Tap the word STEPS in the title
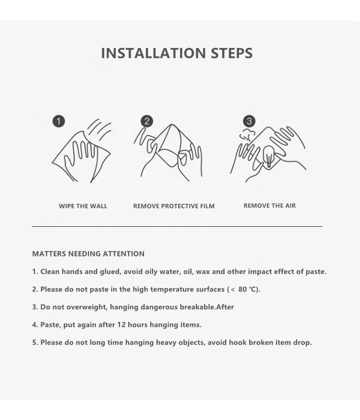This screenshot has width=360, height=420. pyautogui.click(x=231, y=53)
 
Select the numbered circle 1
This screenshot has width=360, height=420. pyautogui.click(x=59, y=121)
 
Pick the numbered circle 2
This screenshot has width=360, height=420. pyautogui.click(x=147, y=121)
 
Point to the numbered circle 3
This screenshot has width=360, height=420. pyautogui.click(x=249, y=121)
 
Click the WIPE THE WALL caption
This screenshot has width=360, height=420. pyautogui.click(x=83, y=206)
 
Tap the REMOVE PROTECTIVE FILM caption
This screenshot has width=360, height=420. pyautogui.click(x=174, y=206)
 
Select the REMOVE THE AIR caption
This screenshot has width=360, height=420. pyautogui.click(x=270, y=206)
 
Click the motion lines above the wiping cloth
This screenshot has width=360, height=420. pyautogui.click(x=99, y=129)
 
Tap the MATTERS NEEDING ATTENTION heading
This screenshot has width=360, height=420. pyautogui.click(x=88, y=254)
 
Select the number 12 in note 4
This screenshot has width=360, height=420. pyautogui.click(x=121, y=325)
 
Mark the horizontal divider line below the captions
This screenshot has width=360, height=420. pyautogui.click(x=177, y=226)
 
